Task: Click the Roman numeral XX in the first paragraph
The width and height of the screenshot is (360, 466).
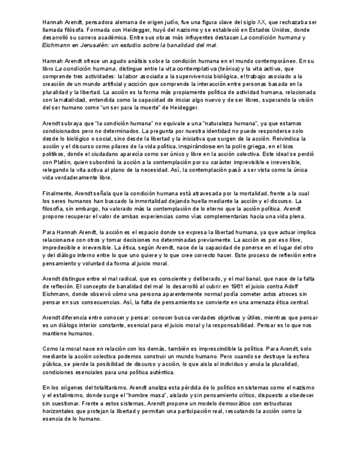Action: pos(261,21)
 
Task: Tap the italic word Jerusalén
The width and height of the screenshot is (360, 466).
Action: pos(96,45)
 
